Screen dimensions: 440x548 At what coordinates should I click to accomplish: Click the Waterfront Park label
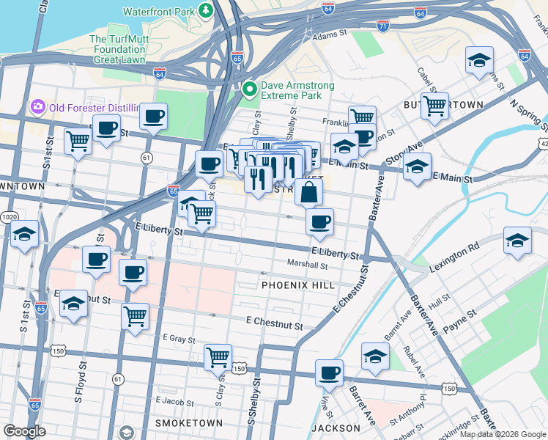159,12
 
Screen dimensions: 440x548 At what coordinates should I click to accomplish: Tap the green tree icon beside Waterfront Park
207,11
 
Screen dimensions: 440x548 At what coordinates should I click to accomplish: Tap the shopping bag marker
309,192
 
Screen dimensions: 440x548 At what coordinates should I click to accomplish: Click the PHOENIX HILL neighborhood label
297,285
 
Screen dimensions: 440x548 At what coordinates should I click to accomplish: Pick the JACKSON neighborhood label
336,428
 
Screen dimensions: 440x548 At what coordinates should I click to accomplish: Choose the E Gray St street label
175,339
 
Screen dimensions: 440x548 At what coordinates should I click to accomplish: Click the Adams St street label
328,34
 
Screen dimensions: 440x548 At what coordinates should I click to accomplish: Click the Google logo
24,431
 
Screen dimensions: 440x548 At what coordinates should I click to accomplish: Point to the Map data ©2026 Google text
502,434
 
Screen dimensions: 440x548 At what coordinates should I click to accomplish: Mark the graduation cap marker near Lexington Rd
517,241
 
